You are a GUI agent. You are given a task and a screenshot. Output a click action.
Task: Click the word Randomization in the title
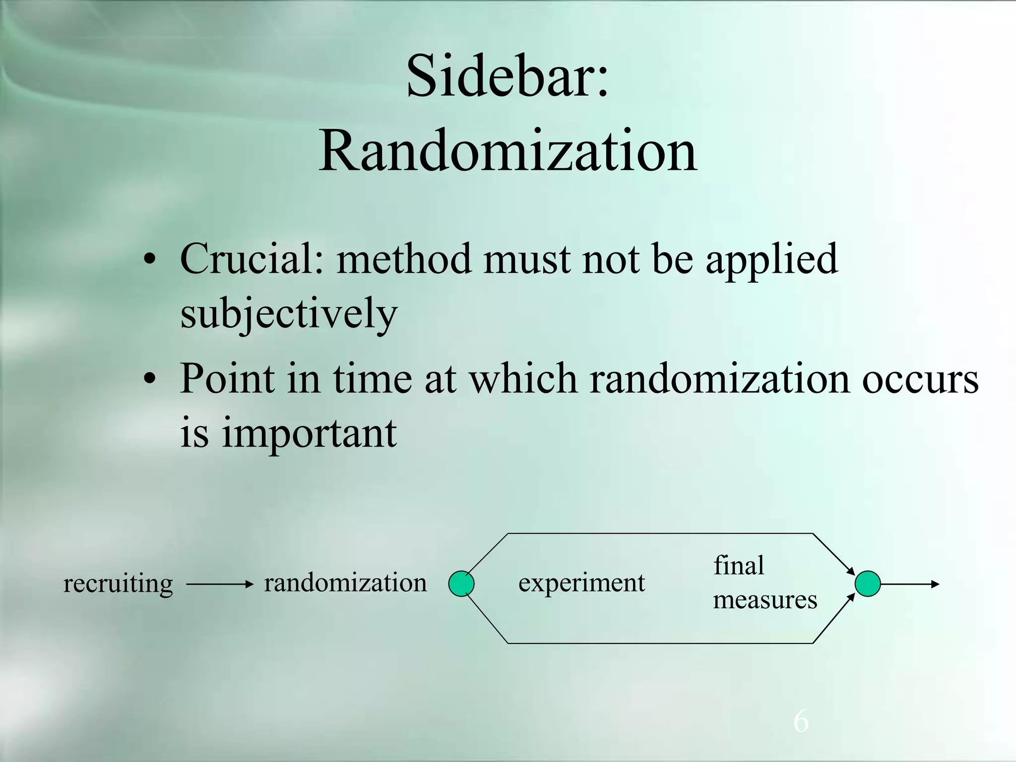(x=508, y=150)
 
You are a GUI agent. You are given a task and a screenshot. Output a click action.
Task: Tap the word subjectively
(x=289, y=314)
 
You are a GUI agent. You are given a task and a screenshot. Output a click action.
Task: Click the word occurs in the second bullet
(x=920, y=379)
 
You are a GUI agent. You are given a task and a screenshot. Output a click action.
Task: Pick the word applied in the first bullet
(x=772, y=259)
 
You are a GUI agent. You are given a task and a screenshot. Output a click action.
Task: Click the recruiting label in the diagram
(x=118, y=583)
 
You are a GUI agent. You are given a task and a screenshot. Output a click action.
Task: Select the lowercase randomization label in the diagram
(x=345, y=582)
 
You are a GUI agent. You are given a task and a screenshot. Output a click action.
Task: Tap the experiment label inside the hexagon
(x=581, y=582)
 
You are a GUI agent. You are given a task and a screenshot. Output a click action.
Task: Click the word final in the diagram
(x=739, y=566)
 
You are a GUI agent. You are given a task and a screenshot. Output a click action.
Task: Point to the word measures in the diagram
(x=765, y=600)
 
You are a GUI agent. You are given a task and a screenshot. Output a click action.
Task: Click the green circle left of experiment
(x=461, y=583)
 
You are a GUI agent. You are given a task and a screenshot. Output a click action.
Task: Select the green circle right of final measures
(x=868, y=584)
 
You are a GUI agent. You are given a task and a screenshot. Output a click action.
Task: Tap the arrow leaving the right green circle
(x=910, y=584)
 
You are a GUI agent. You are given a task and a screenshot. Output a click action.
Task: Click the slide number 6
(x=801, y=721)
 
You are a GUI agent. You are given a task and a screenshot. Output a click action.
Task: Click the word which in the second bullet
(x=523, y=379)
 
